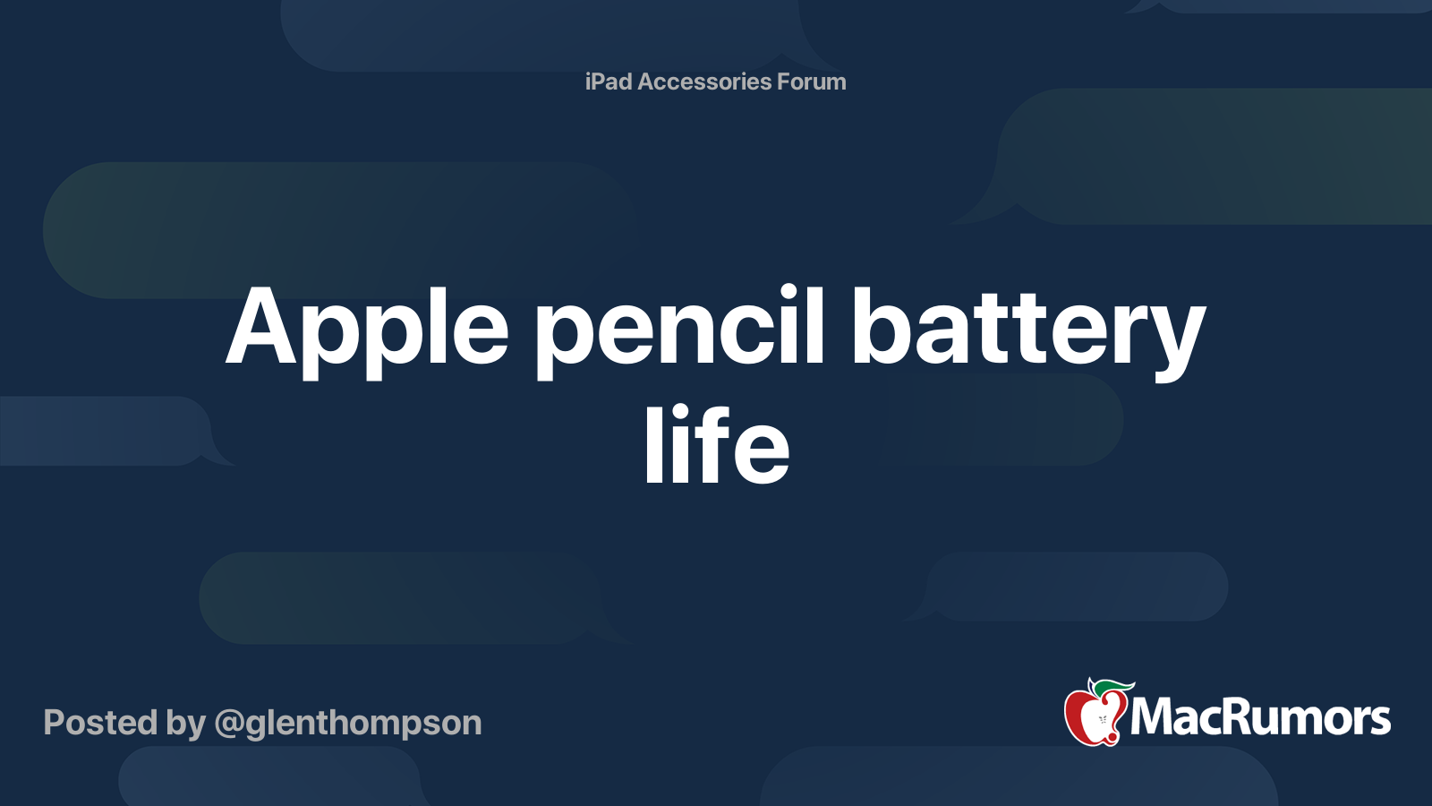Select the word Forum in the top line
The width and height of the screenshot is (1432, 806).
811,81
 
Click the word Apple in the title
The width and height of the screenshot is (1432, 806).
367,332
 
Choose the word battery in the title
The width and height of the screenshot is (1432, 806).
1029,332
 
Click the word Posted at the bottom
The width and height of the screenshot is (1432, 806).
101,723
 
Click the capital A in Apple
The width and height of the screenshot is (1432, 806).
262,326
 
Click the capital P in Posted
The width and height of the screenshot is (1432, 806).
55,723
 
